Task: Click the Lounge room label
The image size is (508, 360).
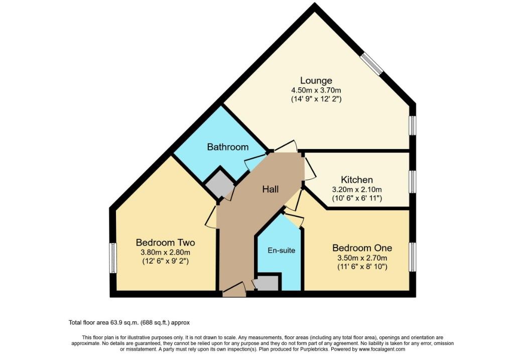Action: [316, 80]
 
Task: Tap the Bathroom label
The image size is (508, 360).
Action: [228, 147]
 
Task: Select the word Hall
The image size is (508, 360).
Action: [271, 189]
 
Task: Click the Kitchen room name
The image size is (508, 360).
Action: [357, 180]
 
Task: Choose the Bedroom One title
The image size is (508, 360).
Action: [362, 248]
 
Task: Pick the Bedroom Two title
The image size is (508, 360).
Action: [165, 243]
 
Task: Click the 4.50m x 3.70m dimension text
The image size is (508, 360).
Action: [316, 90]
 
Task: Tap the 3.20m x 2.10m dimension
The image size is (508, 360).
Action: [357, 189]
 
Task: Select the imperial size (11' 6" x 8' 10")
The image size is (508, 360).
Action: [362, 267]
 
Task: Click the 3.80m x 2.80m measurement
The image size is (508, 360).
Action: [165, 252]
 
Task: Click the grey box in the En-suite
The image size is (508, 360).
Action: [267, 283]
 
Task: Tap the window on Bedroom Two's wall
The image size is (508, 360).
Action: [113, 258]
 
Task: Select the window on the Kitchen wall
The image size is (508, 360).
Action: [412, 182]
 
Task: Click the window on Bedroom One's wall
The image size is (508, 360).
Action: [412, 257]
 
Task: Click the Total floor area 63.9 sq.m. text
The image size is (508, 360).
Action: [129, 322]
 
